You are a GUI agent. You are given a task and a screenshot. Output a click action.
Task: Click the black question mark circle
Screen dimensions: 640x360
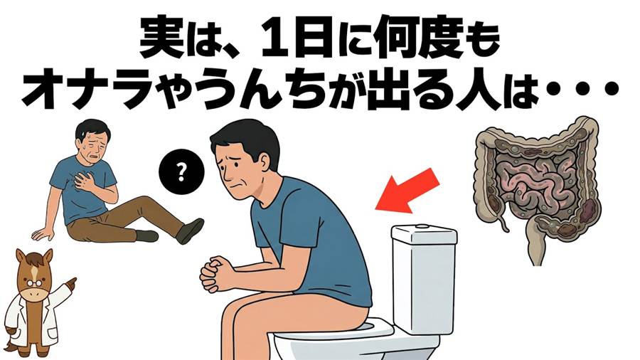coord(181,174)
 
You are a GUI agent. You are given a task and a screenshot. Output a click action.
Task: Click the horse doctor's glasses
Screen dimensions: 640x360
coord(35,282)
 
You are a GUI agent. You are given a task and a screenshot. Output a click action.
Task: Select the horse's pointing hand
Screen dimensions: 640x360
coord(70,283)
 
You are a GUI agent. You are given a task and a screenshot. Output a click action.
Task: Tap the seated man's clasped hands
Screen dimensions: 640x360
coord(215,272)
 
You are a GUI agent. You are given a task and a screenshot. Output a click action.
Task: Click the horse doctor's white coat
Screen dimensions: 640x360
coord(33,322)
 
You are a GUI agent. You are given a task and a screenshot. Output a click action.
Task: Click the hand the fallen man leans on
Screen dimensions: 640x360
coord(43,234)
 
